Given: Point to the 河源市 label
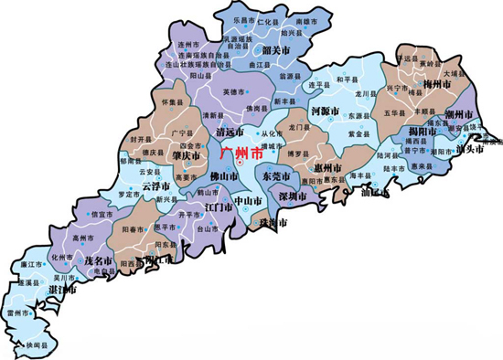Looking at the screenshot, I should (326, 111).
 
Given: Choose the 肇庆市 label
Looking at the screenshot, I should (186, 154).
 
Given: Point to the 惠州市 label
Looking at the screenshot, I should (327, 169).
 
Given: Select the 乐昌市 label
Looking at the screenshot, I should (242, 18).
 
